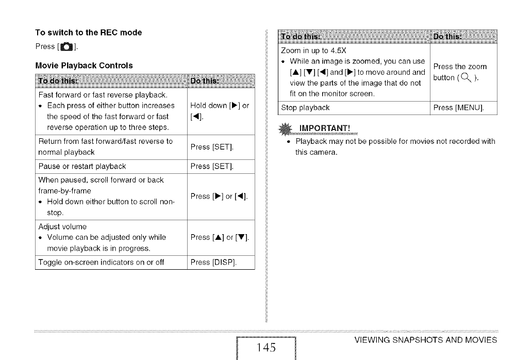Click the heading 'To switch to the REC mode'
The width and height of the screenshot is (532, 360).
tap(88, 32)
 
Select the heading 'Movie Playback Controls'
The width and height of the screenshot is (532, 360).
tap(84, 66)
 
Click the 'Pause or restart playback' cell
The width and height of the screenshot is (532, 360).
tap(82, 166)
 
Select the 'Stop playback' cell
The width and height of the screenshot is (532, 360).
tap(306, 108)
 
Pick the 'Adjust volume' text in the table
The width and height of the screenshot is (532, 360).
tap(62, 226)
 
